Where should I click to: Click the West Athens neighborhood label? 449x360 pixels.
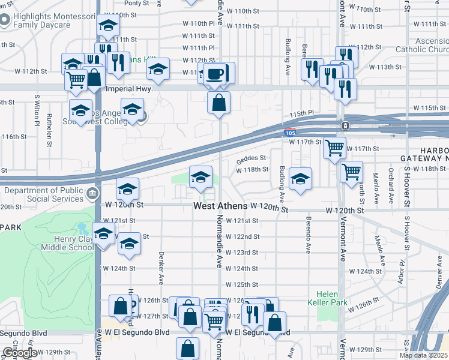(x=220, y=206)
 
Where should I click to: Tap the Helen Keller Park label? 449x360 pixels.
(x=328, y=298)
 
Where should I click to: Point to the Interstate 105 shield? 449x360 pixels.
(x=289, y=132)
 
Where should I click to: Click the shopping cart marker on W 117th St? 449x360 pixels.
(x=334, y=147)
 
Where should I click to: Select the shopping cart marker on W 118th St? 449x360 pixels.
(x=351, y=172)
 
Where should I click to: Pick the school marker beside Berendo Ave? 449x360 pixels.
(x=301, y=179)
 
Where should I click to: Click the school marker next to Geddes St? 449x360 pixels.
(x=201, y=176)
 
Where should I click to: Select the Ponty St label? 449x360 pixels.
(x=136, y=3)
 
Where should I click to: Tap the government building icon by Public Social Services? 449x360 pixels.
(x=93, y=193)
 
